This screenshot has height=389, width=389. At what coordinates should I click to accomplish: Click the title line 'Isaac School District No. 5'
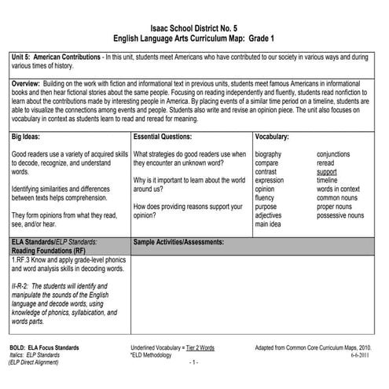(194, 27)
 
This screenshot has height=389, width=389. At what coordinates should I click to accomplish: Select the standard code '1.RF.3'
(23, 259)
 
